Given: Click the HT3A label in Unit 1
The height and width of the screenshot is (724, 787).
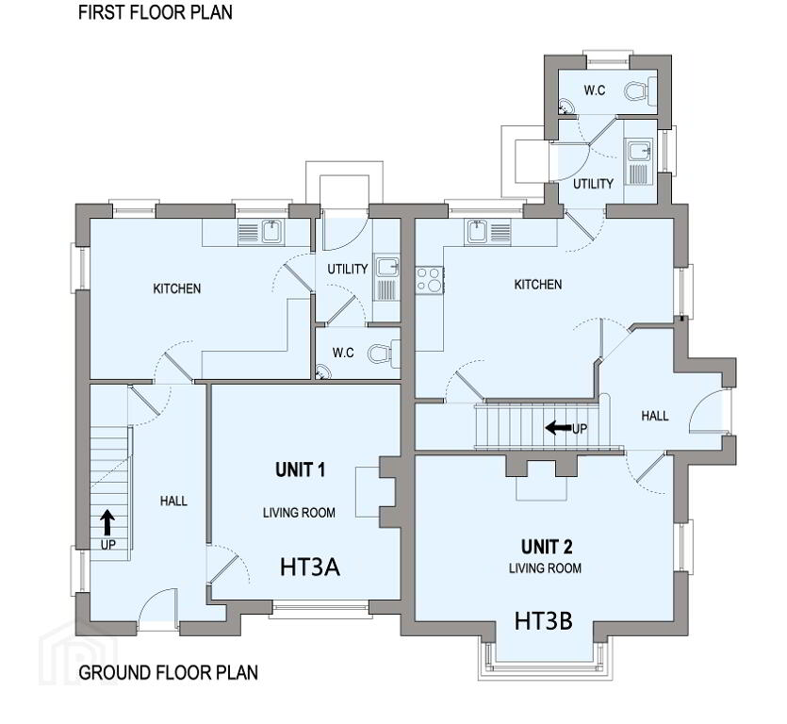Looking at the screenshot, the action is [310, 567].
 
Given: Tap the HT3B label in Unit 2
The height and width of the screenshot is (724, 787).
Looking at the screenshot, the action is [544, 621].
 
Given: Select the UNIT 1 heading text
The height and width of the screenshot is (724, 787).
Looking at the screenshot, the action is [300, 470].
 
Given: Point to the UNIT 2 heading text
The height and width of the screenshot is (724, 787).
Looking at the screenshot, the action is [547, 546].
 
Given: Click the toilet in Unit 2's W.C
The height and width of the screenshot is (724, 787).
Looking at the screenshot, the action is [641, 91].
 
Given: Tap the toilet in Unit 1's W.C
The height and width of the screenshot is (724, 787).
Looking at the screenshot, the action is [384, 353].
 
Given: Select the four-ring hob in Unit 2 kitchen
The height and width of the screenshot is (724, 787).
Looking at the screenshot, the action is [429, 280].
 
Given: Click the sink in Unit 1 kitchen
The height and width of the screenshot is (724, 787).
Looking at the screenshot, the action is [271, 231].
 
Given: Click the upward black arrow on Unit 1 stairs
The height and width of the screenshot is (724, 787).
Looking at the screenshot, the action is [107, 522].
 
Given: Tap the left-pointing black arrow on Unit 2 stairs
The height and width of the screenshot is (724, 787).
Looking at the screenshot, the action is [558, 428].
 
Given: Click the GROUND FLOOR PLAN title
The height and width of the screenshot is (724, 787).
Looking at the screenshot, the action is [168, 672].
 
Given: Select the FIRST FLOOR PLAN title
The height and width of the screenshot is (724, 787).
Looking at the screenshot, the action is [156, 12].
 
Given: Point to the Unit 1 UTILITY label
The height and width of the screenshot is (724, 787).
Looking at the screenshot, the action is [348, 269].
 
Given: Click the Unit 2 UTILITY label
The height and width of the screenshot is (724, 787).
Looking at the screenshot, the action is [593, 184].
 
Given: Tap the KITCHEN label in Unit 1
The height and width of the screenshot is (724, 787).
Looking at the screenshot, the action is [176, 288].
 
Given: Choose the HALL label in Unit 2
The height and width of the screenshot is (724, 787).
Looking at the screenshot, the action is [655, 416].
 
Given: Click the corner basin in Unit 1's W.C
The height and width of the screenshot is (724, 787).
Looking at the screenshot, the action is [322, 372].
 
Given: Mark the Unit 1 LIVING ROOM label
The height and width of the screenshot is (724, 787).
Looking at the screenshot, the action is [299, 513].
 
